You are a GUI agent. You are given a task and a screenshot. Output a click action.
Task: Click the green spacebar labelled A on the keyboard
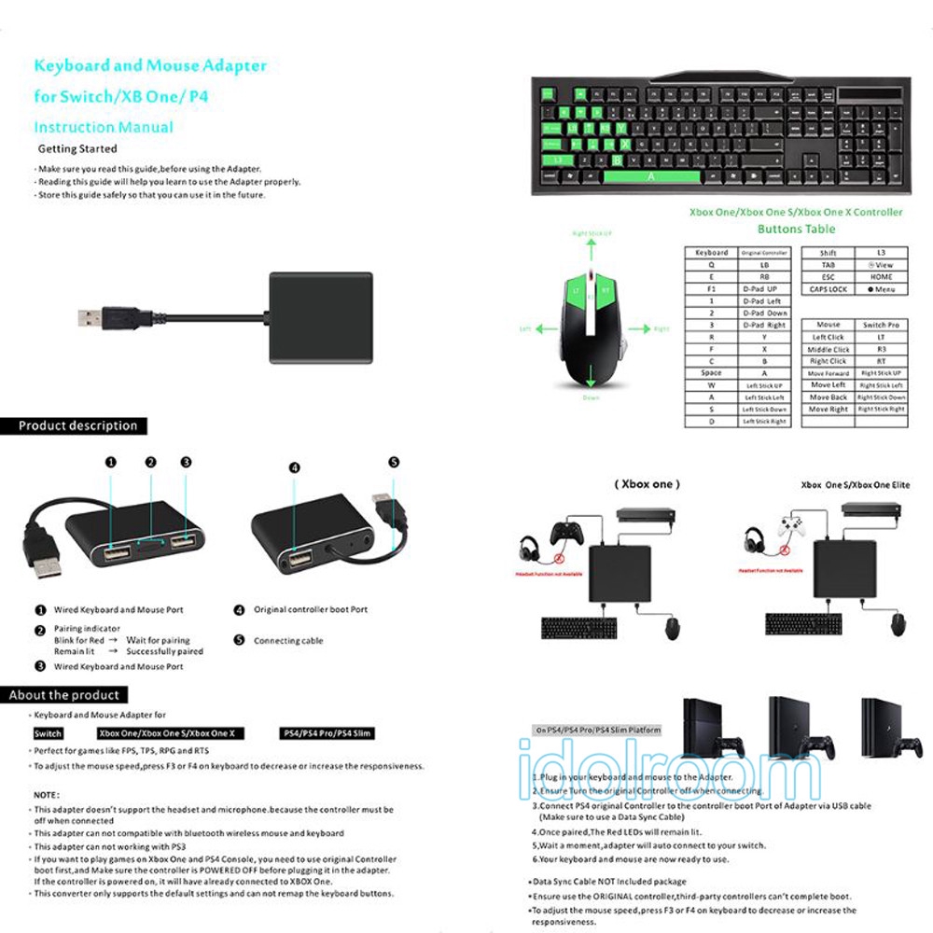click(650, 176)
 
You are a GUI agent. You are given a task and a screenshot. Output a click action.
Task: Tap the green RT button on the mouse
click(606, 292)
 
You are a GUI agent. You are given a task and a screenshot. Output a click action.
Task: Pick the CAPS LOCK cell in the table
click(828, 289)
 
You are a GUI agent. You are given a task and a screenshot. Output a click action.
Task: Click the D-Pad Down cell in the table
click(764, 313)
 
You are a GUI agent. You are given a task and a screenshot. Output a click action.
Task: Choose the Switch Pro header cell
click(881, 325)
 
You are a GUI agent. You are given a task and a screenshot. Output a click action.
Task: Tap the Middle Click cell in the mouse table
click(828, 349)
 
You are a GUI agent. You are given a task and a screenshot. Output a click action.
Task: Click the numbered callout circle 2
click(149, 462)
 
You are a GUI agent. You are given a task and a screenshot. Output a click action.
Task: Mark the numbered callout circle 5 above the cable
click(394, 462)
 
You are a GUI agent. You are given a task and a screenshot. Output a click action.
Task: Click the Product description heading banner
click(78, 426)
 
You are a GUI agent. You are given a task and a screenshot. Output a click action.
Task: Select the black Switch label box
click(49, 733)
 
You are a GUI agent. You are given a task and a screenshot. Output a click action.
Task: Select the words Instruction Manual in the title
click(104, 128)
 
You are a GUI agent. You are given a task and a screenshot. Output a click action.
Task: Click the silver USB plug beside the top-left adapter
click(91, 317)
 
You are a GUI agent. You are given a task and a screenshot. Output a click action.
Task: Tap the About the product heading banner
click(64, 695)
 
